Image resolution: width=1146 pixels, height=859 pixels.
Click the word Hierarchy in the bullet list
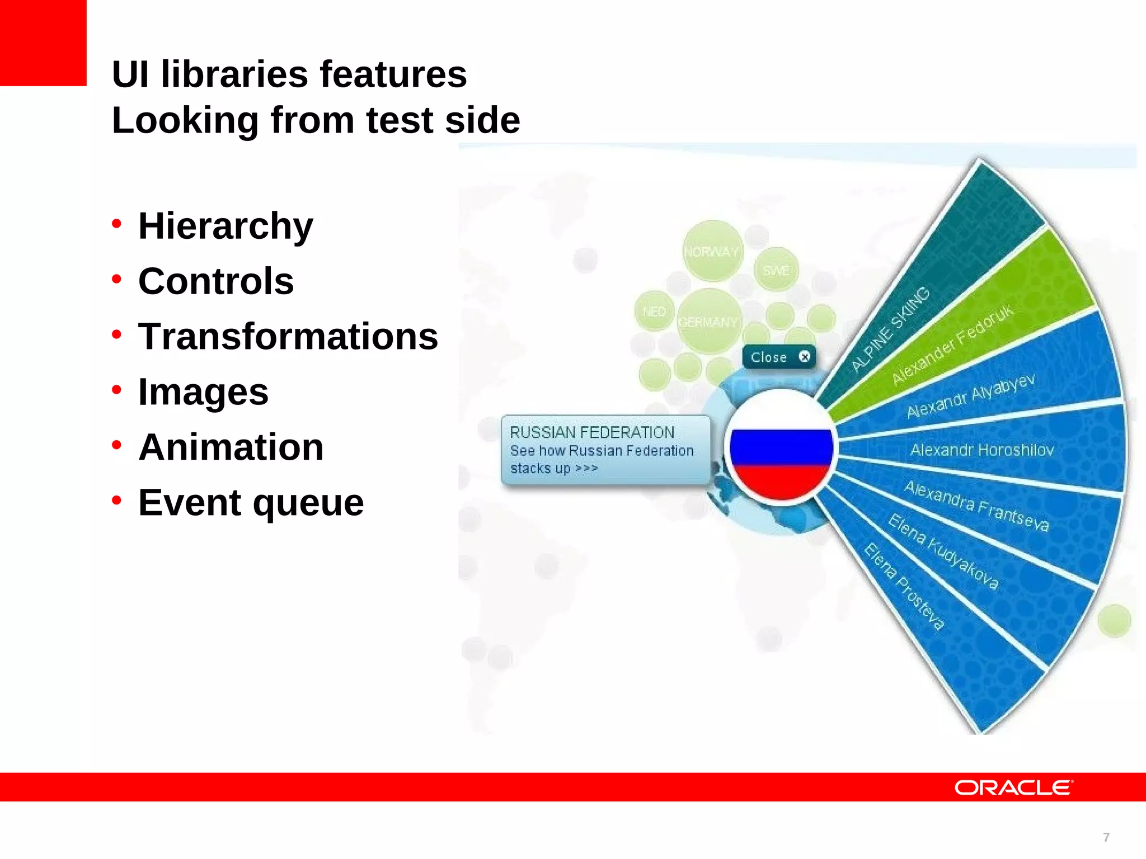[226, 226]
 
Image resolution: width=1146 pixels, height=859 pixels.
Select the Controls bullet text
[216, 281]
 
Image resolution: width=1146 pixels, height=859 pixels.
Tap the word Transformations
[288, 337]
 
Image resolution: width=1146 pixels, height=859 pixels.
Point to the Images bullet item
[204, 392]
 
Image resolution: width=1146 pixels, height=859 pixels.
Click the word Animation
[231, 447]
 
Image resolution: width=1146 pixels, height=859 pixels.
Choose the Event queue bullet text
[251, 503]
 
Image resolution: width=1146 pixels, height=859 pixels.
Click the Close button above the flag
[778, 357]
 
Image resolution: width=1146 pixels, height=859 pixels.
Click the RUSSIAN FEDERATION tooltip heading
[592, 432]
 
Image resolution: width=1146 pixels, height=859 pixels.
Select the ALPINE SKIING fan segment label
[891, 329]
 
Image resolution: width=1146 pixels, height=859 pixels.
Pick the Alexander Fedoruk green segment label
[952, 345]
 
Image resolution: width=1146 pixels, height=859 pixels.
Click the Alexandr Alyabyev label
[970, 397]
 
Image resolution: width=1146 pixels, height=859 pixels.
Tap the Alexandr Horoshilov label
[982, 450]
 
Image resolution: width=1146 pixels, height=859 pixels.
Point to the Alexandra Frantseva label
[976, 506]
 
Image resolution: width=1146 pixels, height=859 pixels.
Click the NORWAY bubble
[711, 252]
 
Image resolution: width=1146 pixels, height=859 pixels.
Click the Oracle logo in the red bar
[1013, 787]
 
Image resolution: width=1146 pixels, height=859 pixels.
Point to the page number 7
[1106, 837]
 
